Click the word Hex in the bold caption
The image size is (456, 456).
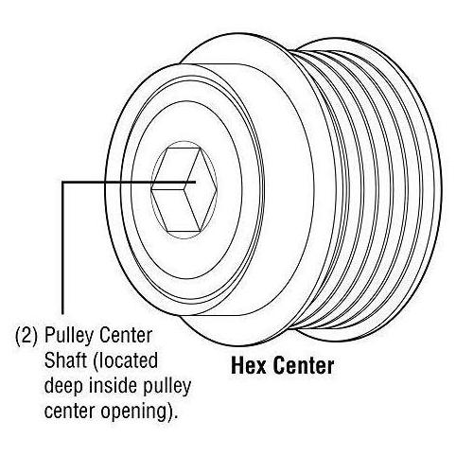[249, 366]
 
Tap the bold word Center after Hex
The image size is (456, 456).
[304, 366]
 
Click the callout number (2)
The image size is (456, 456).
[26, 336]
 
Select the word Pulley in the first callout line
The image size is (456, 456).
[67, 336]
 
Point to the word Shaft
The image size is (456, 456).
[65, 360]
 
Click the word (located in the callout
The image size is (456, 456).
[125, 360]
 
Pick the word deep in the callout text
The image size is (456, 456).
[63, 387]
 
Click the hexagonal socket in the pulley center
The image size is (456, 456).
[184, 190]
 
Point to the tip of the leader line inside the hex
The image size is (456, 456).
[196, 182]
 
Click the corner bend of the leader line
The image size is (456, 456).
[63, 183]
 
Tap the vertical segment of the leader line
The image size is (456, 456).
[63, 248]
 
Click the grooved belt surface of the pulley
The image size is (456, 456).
[372, 189]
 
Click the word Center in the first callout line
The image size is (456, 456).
[125, 336]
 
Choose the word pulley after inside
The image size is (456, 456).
[167, 387]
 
